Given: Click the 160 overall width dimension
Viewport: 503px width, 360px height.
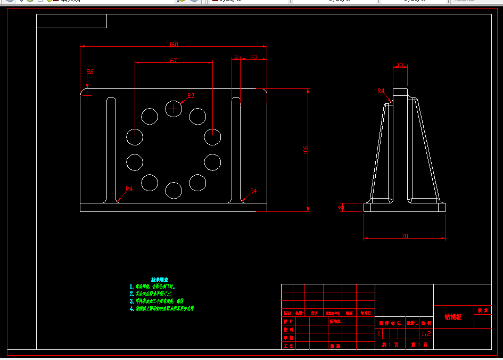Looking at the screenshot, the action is click(x=174, y=44).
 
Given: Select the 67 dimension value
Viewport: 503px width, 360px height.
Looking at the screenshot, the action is click(x=174, y=61).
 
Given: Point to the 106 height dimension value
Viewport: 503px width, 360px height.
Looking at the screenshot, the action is click(x=306, y=150).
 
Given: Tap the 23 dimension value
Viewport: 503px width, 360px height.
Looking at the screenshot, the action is click(x=254, y=57).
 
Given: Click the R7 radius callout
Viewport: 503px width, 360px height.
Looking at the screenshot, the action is click(x=191, y=96).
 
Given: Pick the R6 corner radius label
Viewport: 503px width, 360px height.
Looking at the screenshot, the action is click(x=90, y=71).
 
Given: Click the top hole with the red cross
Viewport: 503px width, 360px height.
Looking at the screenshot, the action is click(x=174, y=109).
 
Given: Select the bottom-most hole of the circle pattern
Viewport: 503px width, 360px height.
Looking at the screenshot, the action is click(x=174, y=190).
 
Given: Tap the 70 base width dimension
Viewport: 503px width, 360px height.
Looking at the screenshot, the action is click(x=405, y=235).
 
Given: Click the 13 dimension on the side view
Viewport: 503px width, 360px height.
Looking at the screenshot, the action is click(x=400, y=66).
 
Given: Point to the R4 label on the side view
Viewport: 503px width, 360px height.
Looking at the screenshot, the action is click(x=381, y=91).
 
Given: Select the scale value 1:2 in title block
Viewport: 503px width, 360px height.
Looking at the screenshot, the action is click(x=426, y=334).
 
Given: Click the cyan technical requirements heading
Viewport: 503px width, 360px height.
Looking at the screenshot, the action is click(x=159, y=280).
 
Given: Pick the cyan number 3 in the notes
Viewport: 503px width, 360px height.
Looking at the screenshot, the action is click(x=131, y=301).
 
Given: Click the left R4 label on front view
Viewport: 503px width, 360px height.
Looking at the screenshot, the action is click(x=129, y=189).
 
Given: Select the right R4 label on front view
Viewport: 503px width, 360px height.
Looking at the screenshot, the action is click(x=253, y=191).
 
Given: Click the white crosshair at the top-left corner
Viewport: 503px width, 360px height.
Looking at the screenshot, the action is click(x=87, y=96).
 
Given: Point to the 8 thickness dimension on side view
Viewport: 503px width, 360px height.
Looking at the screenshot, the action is click(x=341, y=207).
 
